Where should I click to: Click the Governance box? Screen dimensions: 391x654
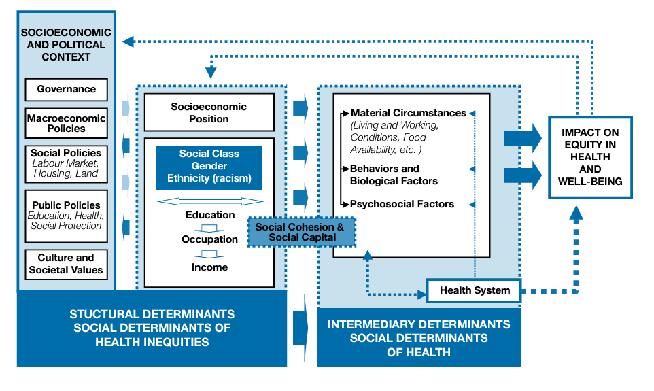click(66, 89)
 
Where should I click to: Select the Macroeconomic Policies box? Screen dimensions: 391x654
click(66, 123)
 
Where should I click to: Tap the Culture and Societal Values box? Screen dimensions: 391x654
click(66, 264)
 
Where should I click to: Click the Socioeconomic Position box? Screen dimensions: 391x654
click(209, 112)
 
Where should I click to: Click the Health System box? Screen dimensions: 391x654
click(474, 290)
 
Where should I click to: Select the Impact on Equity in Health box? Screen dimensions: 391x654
click(590, 157)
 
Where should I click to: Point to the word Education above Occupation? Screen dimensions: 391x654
click(210, 215)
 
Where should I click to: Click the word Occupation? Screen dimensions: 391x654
click(209, 239)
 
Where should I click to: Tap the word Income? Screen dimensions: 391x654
click(209, 267)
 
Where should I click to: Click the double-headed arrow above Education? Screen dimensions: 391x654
click(209, 201)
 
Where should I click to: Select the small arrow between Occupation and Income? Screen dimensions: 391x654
click(209, 254)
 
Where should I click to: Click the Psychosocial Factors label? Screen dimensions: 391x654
click(401, 203)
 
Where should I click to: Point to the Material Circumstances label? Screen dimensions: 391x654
click(408, 113)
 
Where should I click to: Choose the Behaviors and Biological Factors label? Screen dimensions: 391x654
click(394, 175)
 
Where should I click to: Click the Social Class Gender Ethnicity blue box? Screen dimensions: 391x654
click(209, 167)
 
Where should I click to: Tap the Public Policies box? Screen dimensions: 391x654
click(66, 215)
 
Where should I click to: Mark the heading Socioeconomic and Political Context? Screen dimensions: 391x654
click(66, 45)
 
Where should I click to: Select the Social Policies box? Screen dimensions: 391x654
click(66, 163)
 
